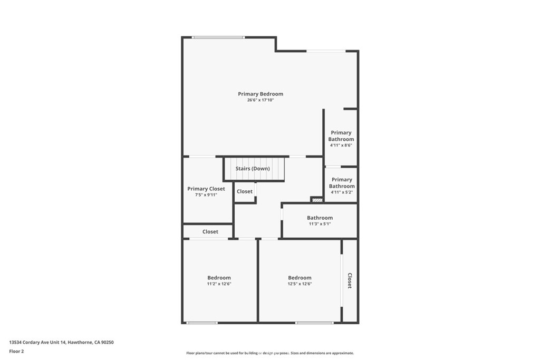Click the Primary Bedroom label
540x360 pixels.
coord(261,94)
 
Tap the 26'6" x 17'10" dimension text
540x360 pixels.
coord(261,100)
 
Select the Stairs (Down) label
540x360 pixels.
coord(253,169)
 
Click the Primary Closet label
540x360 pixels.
coord(206,189)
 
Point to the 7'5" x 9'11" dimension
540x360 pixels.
coord(206,195)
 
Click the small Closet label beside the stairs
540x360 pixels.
coord(245,191)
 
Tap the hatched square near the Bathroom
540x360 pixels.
coord(317,200)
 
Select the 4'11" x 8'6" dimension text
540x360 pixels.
coord(341,145)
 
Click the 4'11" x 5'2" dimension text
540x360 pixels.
coord(342,192)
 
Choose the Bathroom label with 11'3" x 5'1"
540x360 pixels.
coord(320,218)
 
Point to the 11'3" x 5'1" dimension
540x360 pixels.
coord(320,223)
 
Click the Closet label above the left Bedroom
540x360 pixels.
coord(210,231)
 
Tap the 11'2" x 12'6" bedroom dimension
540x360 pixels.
coord(219,284)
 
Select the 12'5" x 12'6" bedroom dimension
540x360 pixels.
coord(300,284)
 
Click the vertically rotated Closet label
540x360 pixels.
coord(350,280)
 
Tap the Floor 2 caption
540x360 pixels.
coord(16,352)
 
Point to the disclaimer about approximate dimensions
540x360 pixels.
coord(270,353)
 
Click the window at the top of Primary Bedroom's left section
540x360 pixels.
coord(218,37)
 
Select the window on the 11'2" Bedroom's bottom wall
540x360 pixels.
coord(202,323)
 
